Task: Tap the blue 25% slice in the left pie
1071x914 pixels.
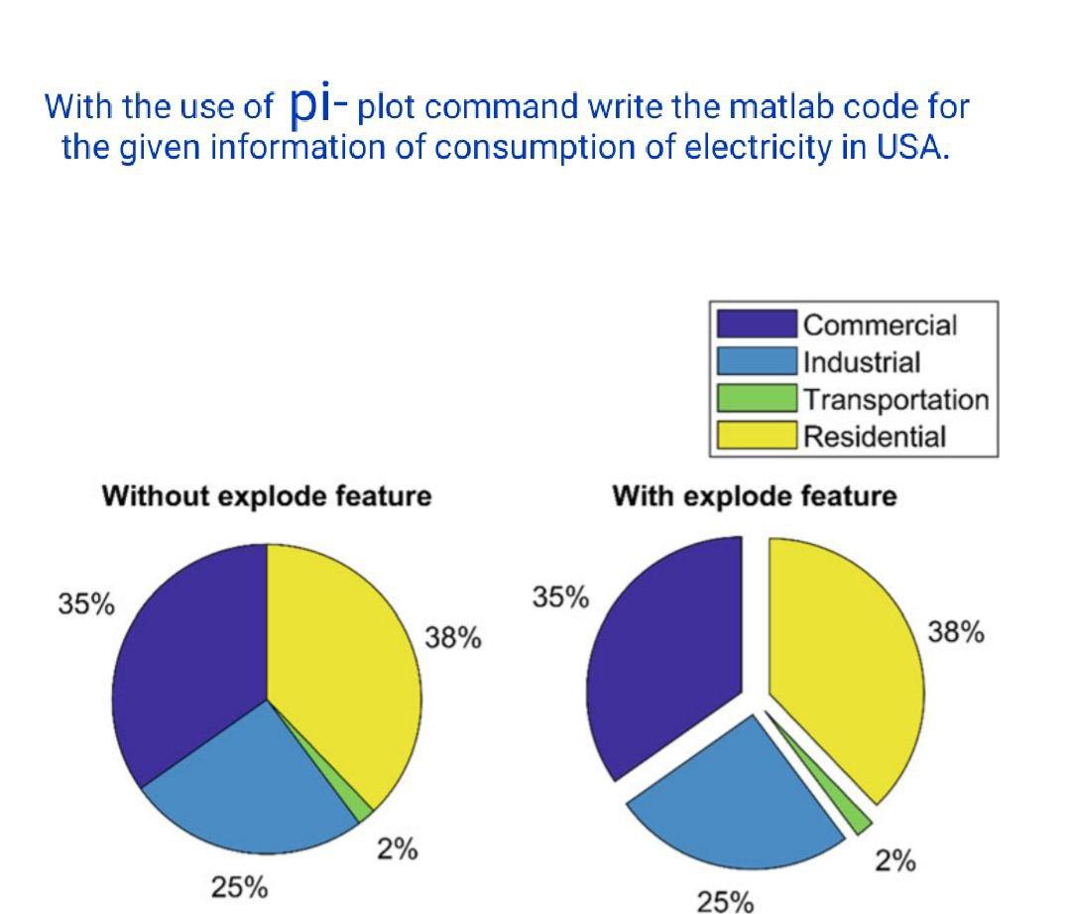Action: click(248, 784)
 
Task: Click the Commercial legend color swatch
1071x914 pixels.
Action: click(757, 325)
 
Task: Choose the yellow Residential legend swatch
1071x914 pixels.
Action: click(757, 436)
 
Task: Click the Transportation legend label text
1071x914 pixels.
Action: click(895, 400)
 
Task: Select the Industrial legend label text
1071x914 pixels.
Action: click(861, 362)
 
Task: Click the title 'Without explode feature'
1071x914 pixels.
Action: click(267, 495)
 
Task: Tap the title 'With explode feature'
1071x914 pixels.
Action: click(754, 495)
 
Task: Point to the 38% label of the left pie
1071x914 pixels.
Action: click(453, 637)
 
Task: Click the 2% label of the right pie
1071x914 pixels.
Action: click(894, 861)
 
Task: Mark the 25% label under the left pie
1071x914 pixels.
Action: click(239, 886)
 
